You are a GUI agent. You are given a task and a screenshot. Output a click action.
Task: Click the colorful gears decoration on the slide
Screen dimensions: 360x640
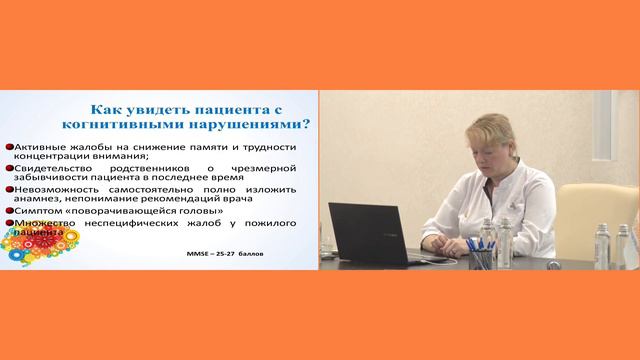click(30, 250)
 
